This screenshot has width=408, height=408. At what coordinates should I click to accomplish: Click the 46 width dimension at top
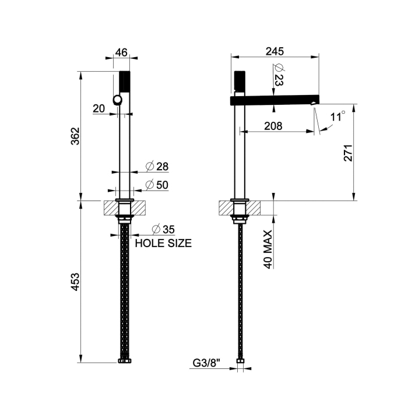click(x=121, y=52)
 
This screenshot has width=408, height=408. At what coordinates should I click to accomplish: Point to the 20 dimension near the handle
click(x=99, y=108)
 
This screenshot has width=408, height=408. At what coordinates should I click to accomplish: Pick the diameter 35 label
click(x=164, y=229)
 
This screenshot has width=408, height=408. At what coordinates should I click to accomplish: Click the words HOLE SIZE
click(x=163, y=244)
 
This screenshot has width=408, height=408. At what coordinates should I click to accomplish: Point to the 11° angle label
click(x=337, y=116)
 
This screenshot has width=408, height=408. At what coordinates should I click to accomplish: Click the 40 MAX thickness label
click(x=268, y=249)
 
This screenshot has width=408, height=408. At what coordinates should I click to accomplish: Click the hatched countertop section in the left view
click(x=111, y=207)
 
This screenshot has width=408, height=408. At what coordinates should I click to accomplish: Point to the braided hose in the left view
click(x=124, y=291)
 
